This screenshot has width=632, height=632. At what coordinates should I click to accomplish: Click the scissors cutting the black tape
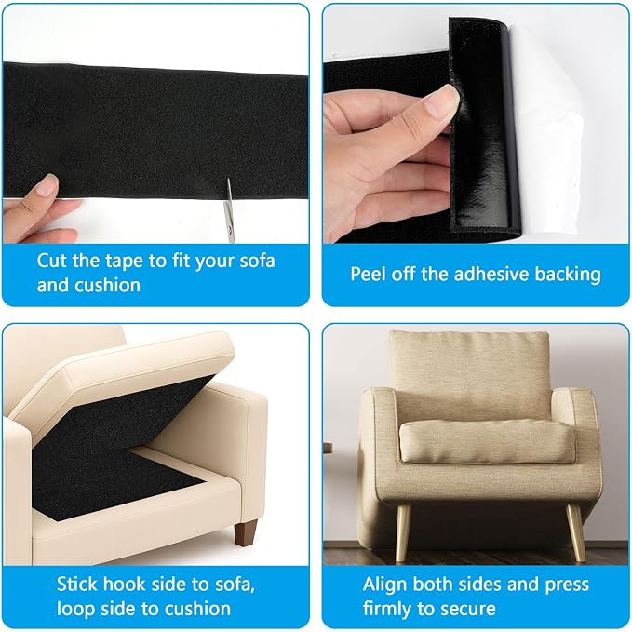[229, 211]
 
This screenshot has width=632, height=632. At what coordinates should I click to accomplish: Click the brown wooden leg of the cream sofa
[246, 532]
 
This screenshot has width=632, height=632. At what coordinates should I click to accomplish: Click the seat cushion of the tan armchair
[487, 441]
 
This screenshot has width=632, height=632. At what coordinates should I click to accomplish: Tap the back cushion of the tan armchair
[469, 375]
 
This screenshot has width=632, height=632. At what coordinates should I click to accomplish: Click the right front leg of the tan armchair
[575, 532]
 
